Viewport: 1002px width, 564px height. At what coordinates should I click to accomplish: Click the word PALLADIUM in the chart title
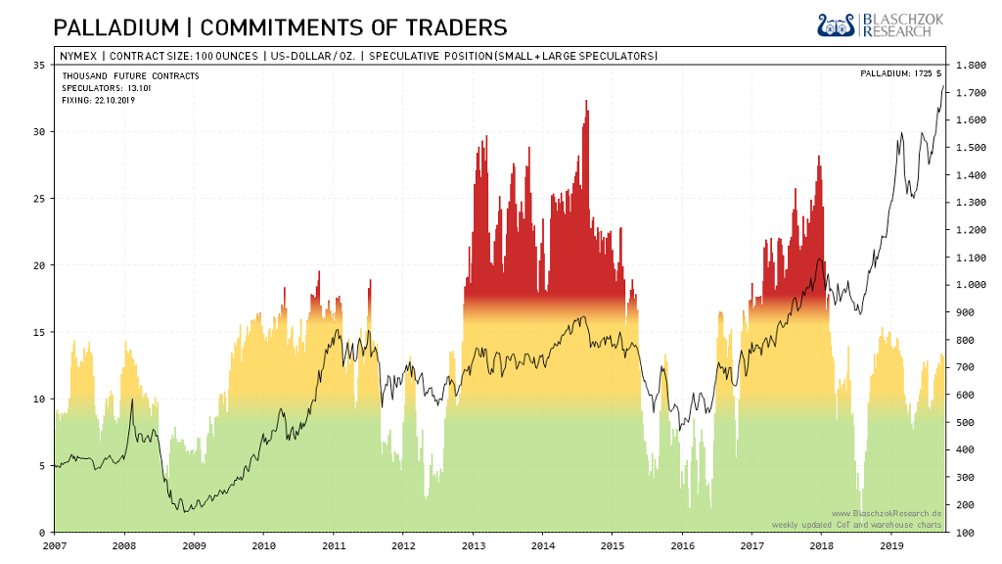click(x=108, y=26)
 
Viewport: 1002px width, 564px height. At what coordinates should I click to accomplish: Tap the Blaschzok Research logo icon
click(x=837, y=24)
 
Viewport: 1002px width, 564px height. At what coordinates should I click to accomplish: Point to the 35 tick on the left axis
click(x=39, y=65)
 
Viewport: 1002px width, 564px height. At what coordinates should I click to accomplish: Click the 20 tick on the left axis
click(x=39, y=265)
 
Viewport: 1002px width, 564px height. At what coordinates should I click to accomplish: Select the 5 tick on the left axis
click(x=42, y=466)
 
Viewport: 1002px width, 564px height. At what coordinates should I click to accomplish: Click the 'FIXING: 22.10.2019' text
click(x=99, y=100)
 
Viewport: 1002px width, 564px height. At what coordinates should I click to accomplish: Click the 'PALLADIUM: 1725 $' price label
click(x=900, y=73)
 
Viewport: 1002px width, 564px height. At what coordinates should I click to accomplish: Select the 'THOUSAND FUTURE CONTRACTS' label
click(x=130, y=75)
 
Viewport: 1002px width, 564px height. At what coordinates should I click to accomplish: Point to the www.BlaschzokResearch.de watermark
click(x=886, y=513)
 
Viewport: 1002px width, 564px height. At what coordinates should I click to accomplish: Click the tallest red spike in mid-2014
click(x=586, y=102)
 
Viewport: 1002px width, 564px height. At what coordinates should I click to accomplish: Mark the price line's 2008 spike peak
click(x=132, y=399)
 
